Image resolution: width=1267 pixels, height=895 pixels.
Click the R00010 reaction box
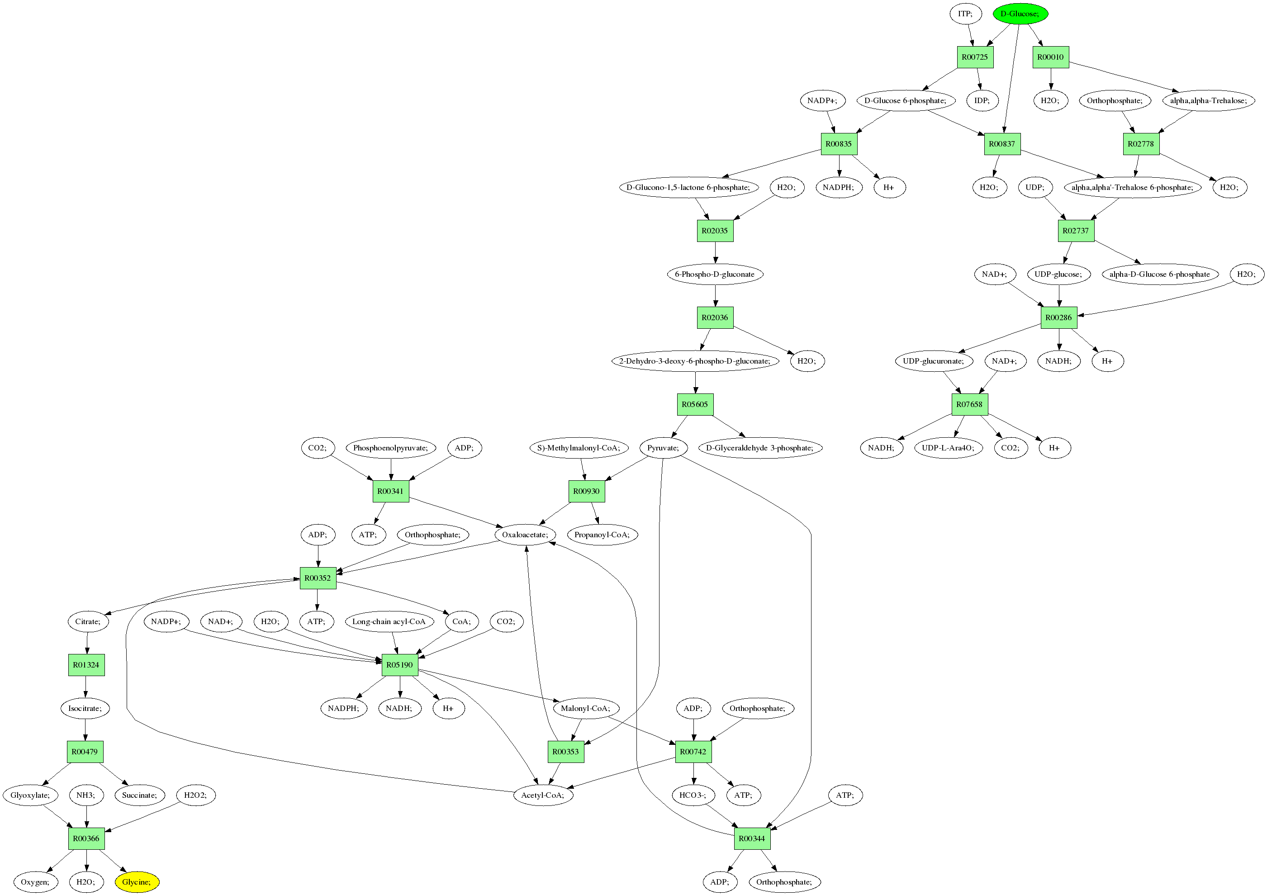click(x=1050, y=57)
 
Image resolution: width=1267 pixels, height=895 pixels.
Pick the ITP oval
click(x=965, y=14)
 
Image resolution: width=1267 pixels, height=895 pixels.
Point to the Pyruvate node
click(x=663, y=448)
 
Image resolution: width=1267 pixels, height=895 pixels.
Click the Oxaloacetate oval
click(x=525, y=535)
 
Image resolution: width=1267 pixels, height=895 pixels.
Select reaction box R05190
click(x=399, y=665)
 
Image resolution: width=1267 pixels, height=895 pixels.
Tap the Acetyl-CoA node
click(x=542, y=795)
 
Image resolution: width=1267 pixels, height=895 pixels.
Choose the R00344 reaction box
click(x=752, y=839)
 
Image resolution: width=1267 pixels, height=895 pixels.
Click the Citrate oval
click(x=88, y=621)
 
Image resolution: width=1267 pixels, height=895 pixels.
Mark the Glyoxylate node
click(x=30, y=795)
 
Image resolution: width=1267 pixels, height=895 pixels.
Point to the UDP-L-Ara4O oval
click(x=948, y=448)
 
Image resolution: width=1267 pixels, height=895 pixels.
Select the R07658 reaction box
click(x=969, y=404)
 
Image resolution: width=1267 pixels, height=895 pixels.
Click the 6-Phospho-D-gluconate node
click(x=715, y=274)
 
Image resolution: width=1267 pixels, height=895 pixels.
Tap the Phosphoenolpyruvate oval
click(x=391, y=448)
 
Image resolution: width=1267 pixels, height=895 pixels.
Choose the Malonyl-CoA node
click(x=585, y=709)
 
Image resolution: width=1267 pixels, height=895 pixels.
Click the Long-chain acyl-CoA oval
click(x=389, y=621)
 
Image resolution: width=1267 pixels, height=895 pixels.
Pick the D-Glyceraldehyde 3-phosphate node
click(x=760, y=448)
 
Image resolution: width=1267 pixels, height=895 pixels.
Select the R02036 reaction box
click(x=715, y=318)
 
